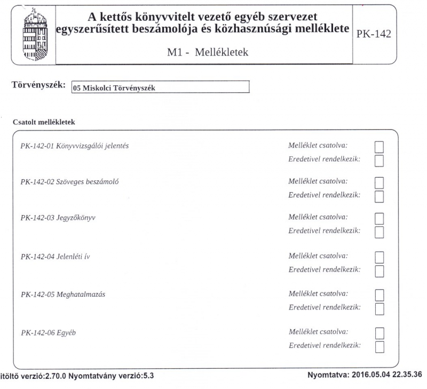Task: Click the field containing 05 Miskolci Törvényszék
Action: (160, 88)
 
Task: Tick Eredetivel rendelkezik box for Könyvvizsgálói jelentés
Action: (381, 160)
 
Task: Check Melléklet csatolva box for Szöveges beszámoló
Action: (381, 183)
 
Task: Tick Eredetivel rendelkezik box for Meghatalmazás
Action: (381, 308)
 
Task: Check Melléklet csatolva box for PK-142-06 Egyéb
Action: (381, 334)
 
